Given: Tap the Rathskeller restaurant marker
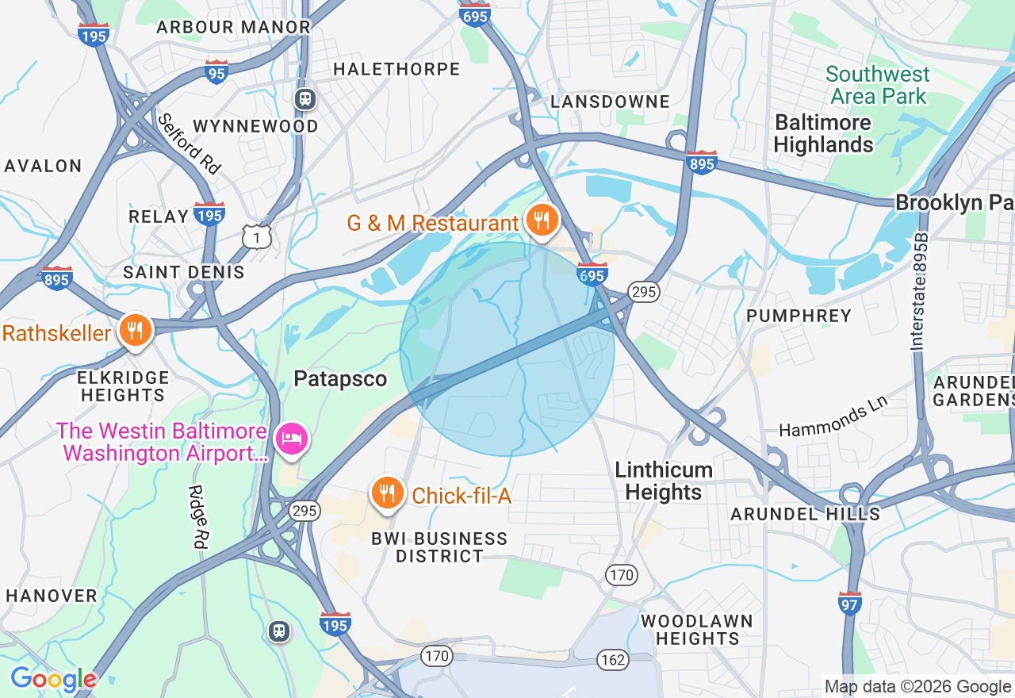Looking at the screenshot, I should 136,330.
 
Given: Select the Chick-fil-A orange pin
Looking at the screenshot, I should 387,493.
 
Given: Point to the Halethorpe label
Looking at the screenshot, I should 396,70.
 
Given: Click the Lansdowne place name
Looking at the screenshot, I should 610,102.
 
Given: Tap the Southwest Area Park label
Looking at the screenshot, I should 878,86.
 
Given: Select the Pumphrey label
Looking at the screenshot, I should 799,316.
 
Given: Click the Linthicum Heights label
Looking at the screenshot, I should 664,481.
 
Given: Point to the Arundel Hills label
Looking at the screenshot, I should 805,514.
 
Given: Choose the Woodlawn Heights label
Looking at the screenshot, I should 697,629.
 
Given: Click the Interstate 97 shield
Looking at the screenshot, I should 849,604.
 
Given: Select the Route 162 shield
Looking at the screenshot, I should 613,659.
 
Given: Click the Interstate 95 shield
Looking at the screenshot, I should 216,71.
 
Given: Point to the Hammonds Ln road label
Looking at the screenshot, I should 833,418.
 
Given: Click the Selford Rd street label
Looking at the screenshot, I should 188,144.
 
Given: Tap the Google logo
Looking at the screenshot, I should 53,679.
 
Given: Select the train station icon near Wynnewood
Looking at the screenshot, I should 305,99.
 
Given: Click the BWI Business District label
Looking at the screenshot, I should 439,547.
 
